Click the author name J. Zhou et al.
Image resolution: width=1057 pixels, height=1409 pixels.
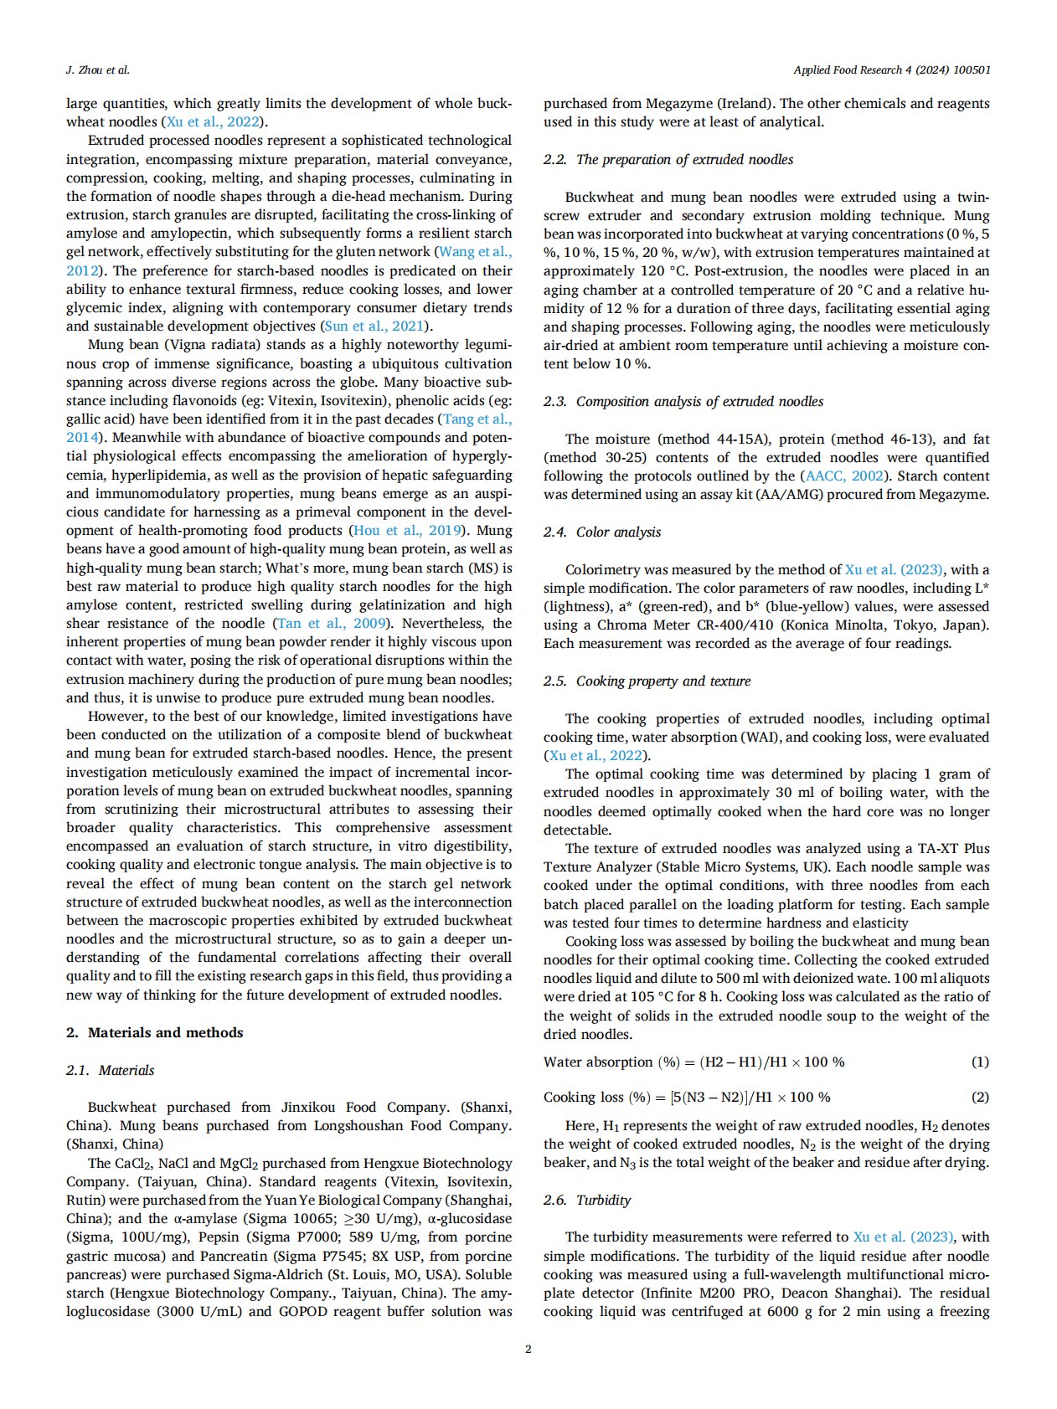[98, 70]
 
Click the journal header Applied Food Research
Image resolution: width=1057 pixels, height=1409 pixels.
[891, 70]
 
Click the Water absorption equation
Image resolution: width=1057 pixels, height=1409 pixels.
[693, 1062]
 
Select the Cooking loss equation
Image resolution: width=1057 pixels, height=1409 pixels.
[687, 1097]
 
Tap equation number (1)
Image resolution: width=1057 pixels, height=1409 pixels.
[979, 1062]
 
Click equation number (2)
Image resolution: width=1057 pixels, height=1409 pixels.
[979, 1097]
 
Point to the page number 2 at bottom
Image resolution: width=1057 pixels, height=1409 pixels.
[528, 1349]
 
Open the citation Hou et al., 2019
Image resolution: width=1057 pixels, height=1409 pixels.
[407, 530]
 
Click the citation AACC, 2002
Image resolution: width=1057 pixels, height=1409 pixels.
[843, 476]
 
